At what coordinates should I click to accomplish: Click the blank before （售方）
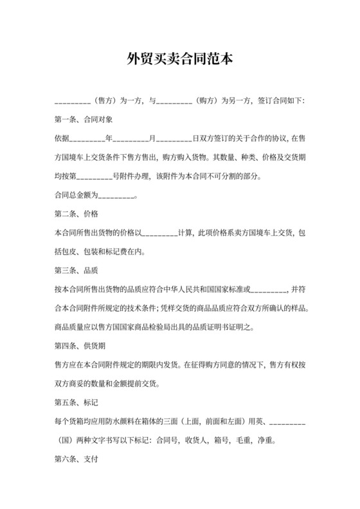pyautogui.click(x=73, y=100)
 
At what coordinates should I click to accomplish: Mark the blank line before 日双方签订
pyautogui.click(x=174, y=138)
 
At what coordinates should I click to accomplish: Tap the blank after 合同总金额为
pyautogui.click(x=118, y=195)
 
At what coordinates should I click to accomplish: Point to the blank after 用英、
pyautogui.click(x=287, y=422)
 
